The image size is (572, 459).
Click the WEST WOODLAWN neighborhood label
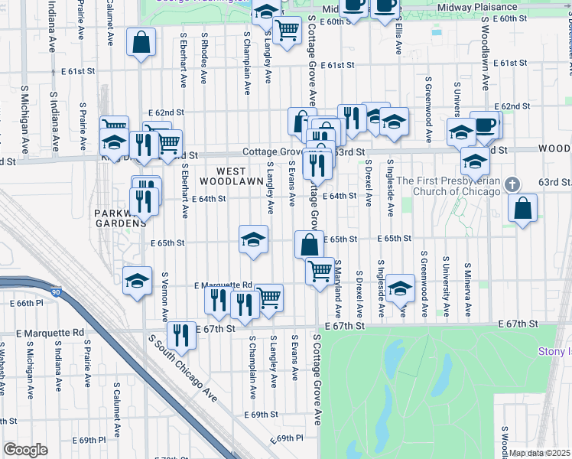pos(223,177)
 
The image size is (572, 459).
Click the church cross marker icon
pos(514,184)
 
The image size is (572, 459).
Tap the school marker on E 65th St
pos(253,239)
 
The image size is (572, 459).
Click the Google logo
pos(25,450)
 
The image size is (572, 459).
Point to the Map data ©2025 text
pos(540,453)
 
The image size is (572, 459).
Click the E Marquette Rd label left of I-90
pos(53,333)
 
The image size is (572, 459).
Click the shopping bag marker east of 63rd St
pos(522,209)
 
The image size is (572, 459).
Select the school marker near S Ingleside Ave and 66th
pos(400,288)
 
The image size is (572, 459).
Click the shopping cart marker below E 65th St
pos(320,270)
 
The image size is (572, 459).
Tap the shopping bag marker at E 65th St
pos(309,245)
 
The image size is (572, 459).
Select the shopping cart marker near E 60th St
pos(287,31)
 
